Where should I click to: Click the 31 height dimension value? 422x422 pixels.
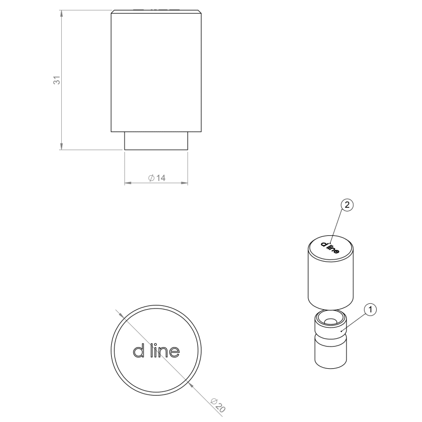coord(57,80)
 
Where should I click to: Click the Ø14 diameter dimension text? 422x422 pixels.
coord(157,178)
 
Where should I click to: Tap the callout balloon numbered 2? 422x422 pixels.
coord(347,205)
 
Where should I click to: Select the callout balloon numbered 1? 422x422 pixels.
coord(370,310)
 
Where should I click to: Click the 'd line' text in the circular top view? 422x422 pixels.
coord(156,351)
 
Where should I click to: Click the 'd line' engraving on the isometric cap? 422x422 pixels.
coord(330,247)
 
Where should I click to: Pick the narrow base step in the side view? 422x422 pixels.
coord(156,141)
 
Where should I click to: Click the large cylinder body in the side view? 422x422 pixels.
coord(156,71)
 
